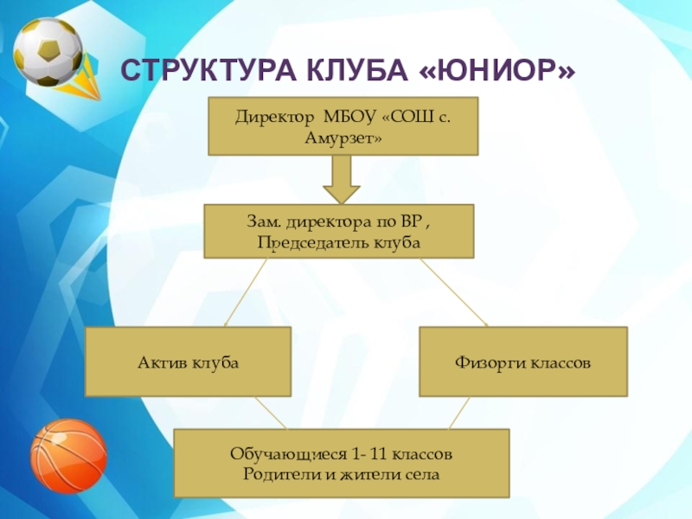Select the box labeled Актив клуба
(x=188, y=361)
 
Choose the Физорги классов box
(x=522, y=361)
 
